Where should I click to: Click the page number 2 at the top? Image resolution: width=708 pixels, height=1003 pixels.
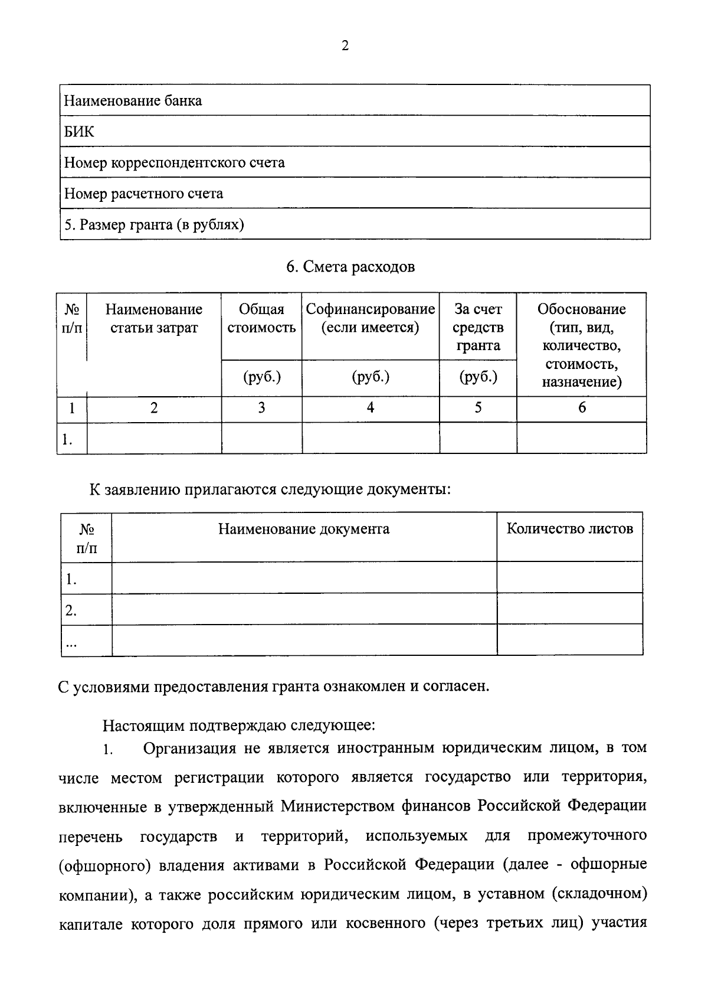(x=345, y=46)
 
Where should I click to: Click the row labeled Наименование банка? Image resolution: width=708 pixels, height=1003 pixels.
(x=133, y=101)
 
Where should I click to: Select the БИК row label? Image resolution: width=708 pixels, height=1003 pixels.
(x=78, y=132)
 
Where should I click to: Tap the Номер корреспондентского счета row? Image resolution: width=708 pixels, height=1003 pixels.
(x=174, y=162)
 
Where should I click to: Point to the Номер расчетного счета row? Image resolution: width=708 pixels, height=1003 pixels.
(x=143, y=194)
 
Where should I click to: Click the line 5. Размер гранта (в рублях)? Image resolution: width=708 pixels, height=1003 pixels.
(x=154, y=225)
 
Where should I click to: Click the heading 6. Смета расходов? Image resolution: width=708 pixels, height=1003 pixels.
(x=350, y=267)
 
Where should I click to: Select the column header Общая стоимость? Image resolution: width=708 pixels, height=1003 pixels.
(x=261, y=318)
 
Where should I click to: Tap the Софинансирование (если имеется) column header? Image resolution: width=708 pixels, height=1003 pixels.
(x=370, y=318)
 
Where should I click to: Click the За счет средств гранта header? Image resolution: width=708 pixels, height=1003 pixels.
(x=478, y=326)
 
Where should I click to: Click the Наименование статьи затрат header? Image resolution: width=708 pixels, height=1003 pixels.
(x=153, y=318)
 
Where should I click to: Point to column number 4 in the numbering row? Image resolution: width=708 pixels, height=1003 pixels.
(x=371, y=407)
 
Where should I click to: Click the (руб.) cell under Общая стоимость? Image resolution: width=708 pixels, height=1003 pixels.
(x=261, y=377)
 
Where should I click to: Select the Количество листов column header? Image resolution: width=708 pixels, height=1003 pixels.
(x=569, y=528)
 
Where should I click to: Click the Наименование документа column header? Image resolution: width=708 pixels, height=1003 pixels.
(x=304, y=528)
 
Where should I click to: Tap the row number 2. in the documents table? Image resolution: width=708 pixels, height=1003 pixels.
(x=71, y=611)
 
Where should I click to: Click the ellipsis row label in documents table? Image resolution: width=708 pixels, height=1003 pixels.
(x=71, y=643)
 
